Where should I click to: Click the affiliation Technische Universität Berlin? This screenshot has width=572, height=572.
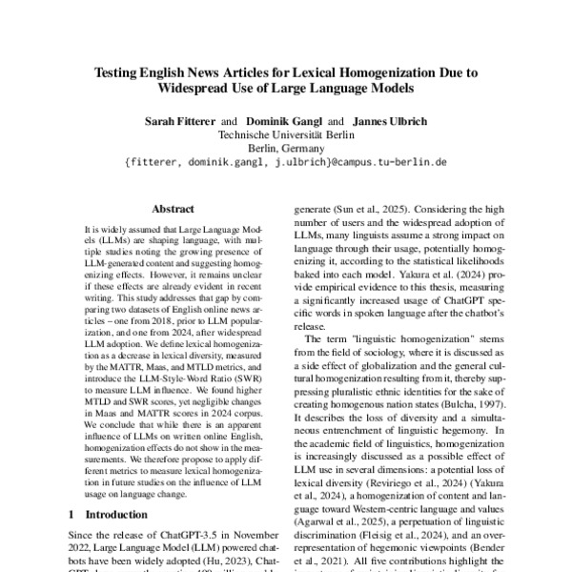click(x=287, y=135)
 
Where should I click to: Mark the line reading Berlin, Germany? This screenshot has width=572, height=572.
click(x=287, y=149)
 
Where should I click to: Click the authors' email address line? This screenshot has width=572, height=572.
click(x=287, y=163)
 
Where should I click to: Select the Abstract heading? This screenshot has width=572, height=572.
click(x=173, y=209)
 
